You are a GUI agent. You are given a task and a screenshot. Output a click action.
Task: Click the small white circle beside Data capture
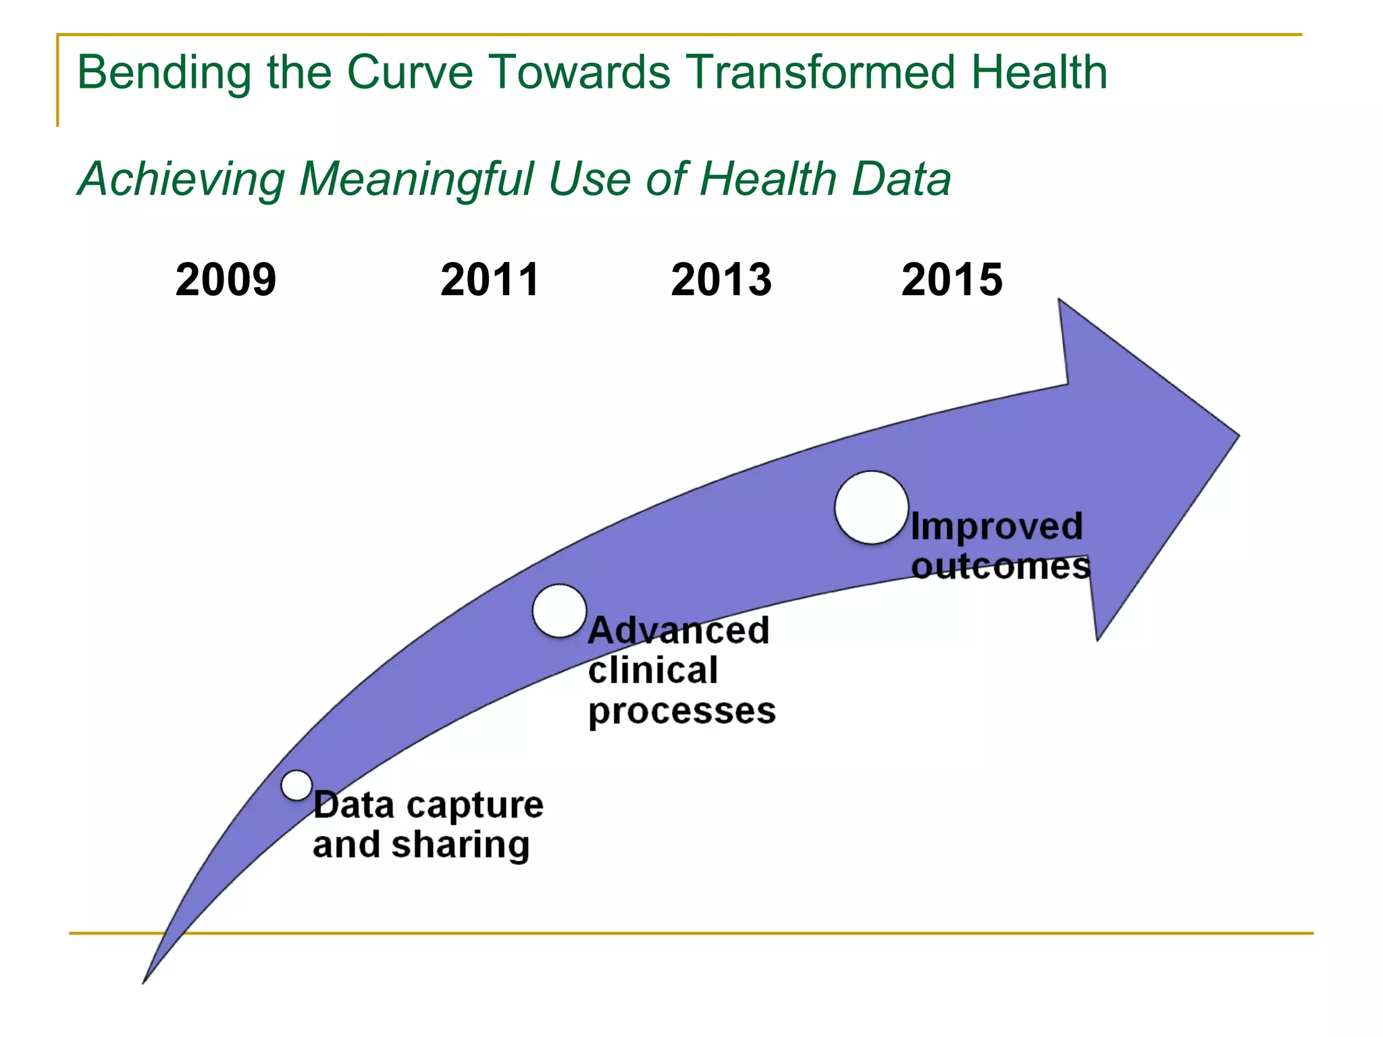(296, 785)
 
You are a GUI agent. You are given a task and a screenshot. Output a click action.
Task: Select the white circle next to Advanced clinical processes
(559, 610)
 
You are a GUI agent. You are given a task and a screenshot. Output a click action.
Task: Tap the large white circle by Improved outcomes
(871, 508)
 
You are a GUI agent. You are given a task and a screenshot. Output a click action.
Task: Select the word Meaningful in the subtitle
(417, 180)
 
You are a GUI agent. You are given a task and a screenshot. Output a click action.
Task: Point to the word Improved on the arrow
(996, 527)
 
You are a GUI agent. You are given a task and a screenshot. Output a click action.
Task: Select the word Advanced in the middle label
(678, 631)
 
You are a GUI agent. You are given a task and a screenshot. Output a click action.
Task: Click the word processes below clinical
(682, 712)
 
